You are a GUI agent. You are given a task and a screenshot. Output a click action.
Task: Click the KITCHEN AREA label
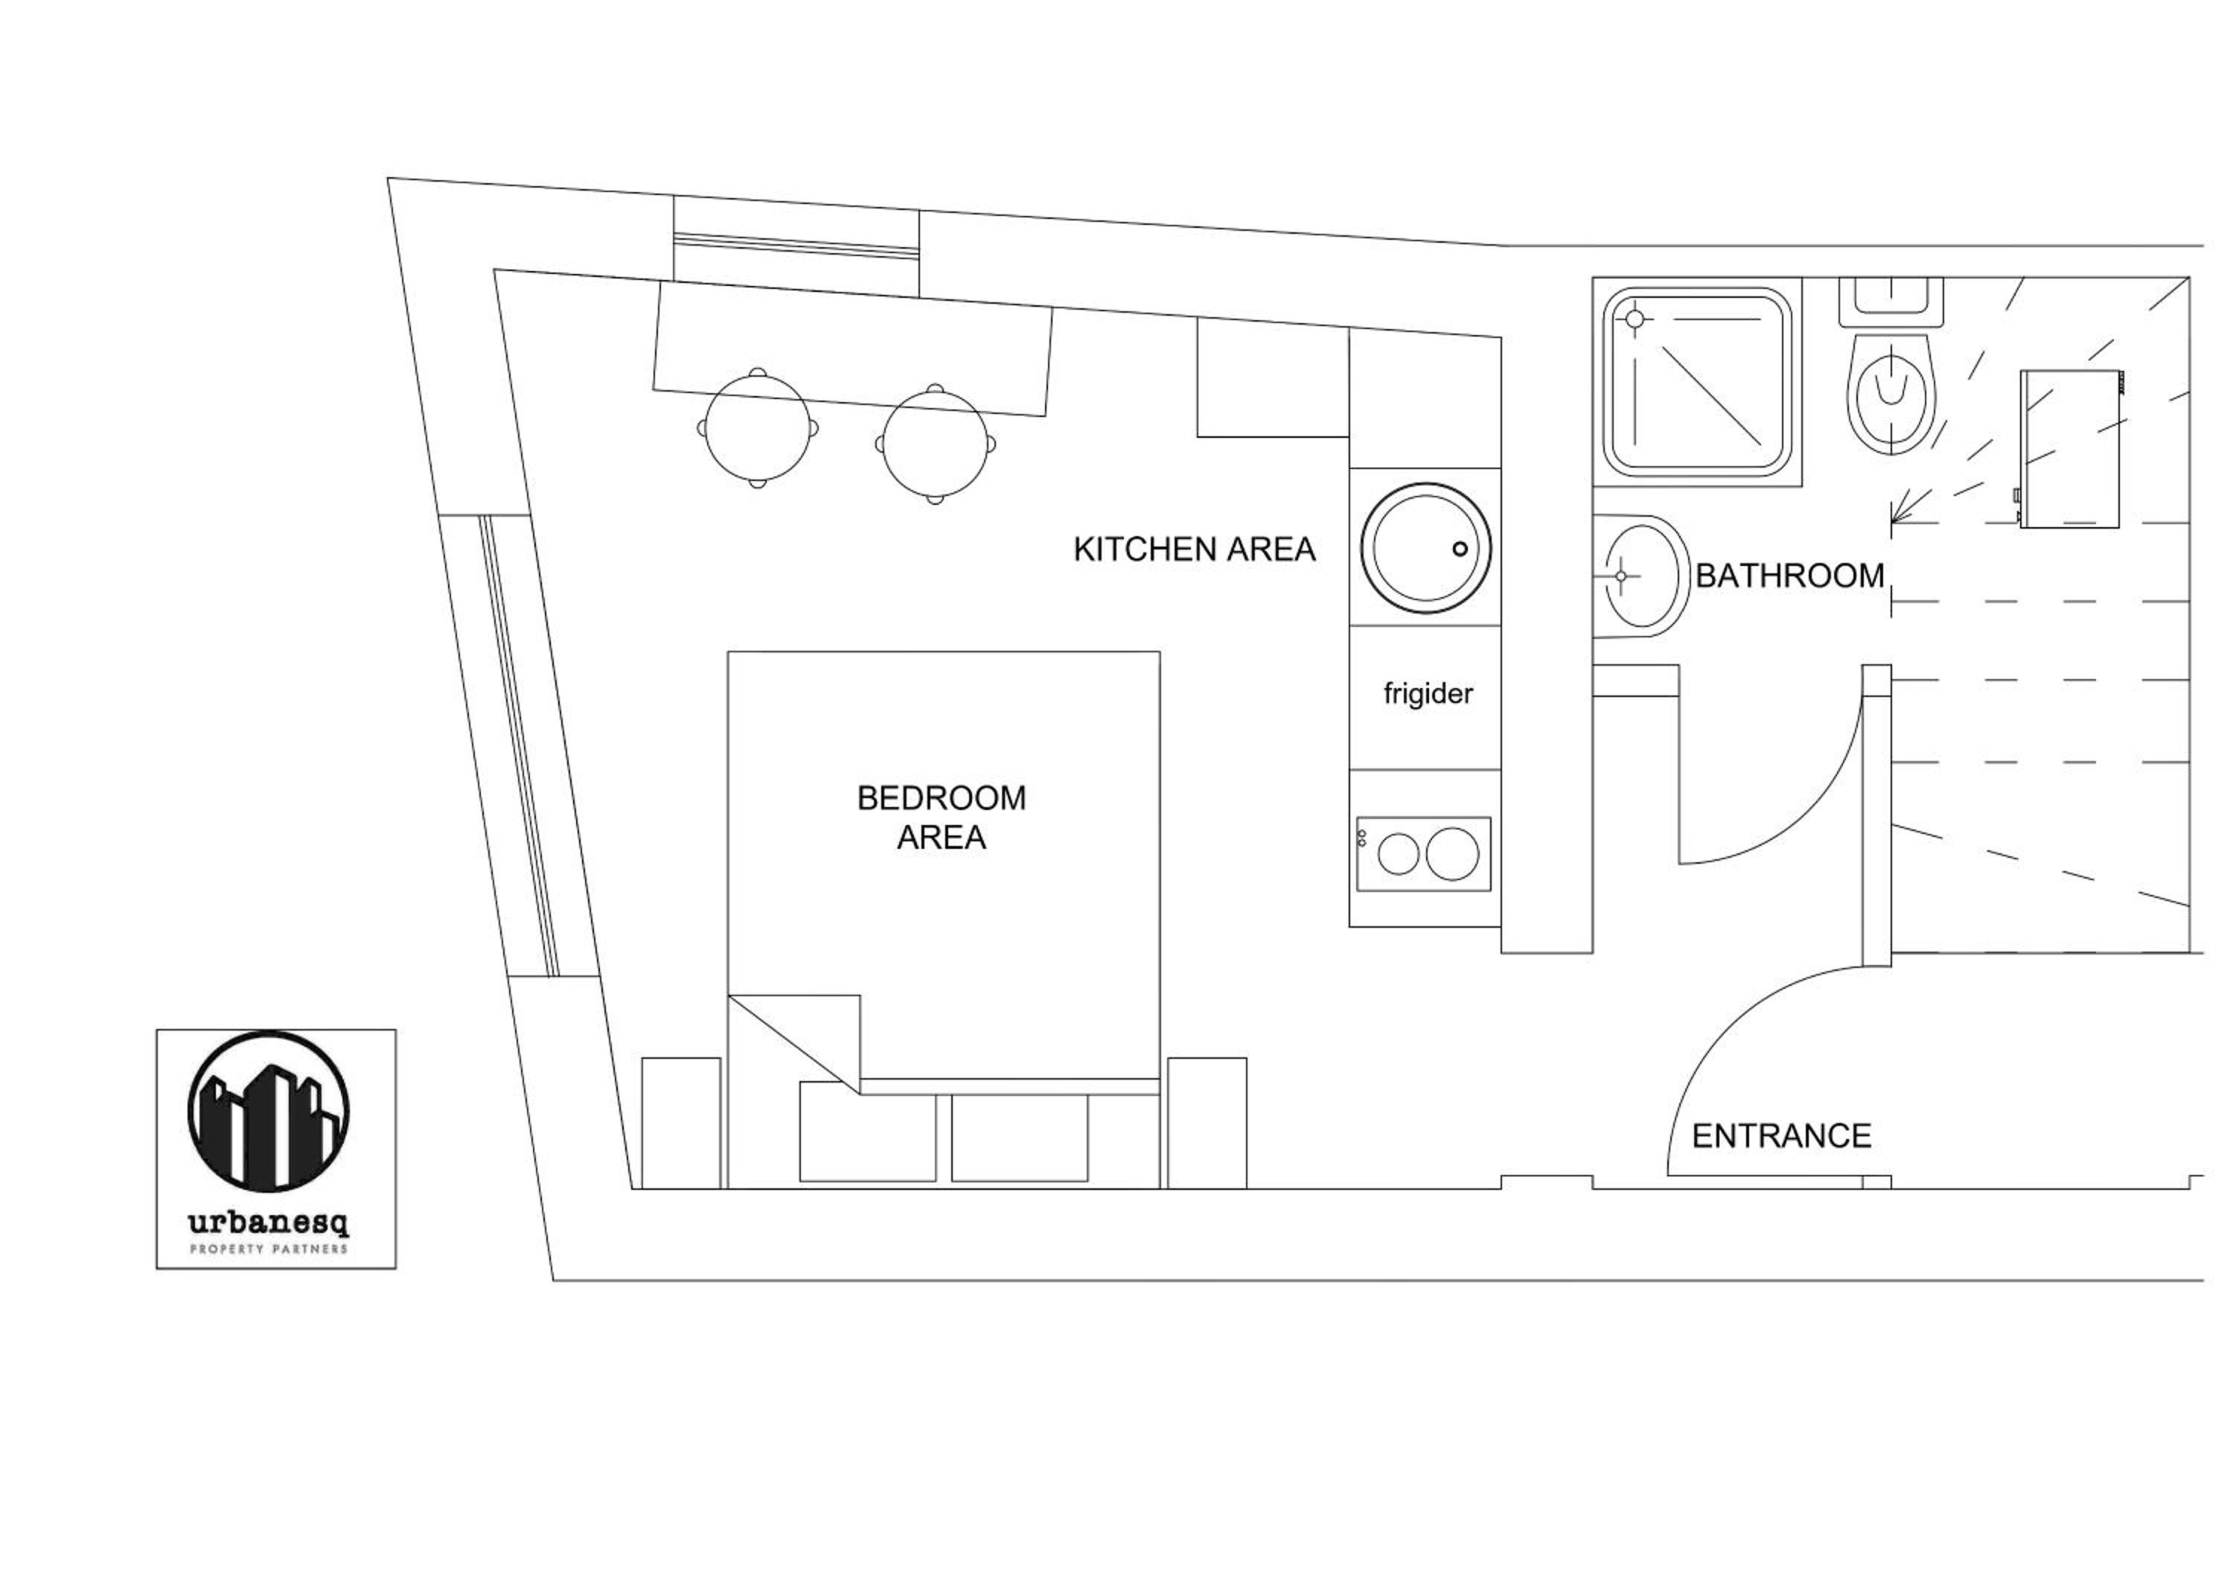(1195, 550)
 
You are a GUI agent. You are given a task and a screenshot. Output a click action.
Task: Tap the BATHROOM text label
(1789, 576)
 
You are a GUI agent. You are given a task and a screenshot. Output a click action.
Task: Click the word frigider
(1428, 694)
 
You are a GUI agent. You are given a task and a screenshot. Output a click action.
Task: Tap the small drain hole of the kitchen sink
(1460, 549)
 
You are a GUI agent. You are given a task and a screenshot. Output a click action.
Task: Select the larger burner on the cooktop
(1452, 854)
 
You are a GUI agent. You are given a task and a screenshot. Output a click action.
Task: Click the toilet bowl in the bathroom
(1891, 395)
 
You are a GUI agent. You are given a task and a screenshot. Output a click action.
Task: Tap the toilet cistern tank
(1891, 302)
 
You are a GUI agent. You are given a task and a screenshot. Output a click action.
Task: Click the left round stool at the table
(758, 428)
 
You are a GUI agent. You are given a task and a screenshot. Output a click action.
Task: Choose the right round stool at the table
(936, 444)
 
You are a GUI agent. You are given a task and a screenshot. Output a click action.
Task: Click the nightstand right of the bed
(1207, 1123)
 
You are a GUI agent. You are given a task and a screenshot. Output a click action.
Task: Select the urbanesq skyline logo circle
(269, 1111)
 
